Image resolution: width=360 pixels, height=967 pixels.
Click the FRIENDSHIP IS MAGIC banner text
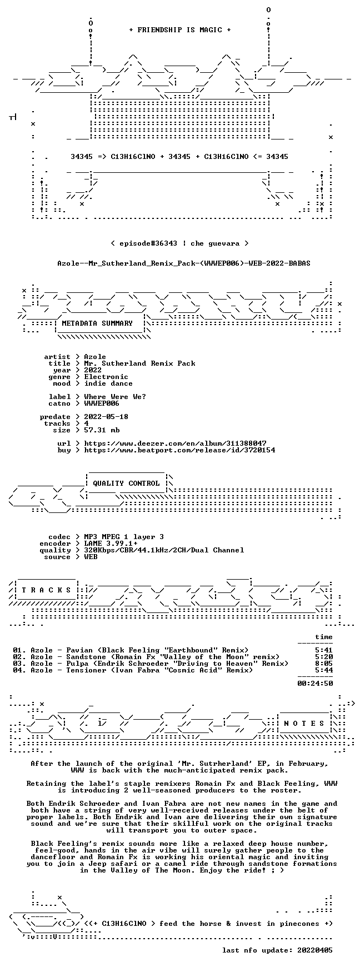click(x=179, y=30)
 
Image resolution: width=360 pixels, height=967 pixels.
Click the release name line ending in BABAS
click(x=184, y=263)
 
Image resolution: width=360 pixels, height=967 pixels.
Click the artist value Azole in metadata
click(x=95, y=357)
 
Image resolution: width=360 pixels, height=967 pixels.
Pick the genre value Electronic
click(x=106, y=377)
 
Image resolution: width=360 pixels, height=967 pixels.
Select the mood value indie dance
click(x=108, y=383)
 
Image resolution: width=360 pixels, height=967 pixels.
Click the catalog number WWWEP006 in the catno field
click(x=102, y=403)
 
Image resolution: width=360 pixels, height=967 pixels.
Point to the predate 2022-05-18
click(x=106, y=417)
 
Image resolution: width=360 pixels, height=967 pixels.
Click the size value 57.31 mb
click(x=102, y=430)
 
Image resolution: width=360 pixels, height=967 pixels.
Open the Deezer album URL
click(x=175, y=443)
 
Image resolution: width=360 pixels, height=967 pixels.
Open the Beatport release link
click(x=179, y=450)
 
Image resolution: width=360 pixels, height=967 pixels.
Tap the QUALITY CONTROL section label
click(x=126, y=483)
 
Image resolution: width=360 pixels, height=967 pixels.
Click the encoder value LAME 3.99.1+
click(x=111, y=544)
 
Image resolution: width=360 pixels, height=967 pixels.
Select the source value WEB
click(x=91, y=557)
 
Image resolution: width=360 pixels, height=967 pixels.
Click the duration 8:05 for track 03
click(x=324, y=664)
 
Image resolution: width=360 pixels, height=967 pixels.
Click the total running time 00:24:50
click(x=315, y=684)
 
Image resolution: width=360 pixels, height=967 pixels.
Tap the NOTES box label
click(x=304, y=724)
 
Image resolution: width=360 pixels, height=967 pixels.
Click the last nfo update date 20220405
click(x=315, y=950)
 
